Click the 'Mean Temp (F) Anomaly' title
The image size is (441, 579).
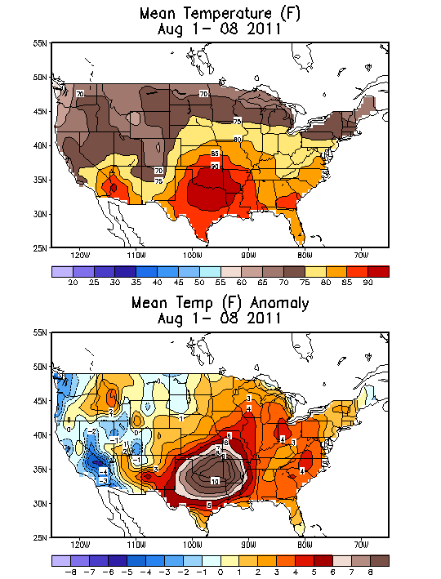(220, 304)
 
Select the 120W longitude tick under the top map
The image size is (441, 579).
(80, 255)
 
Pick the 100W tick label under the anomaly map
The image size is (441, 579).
(193, 545)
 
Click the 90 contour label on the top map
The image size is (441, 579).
(215, 167)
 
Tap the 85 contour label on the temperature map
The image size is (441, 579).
(215, 154)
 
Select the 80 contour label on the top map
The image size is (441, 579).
(238, 140)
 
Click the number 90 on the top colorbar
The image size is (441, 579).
(367, 282)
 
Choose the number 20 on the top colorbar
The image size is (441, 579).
(73, 282)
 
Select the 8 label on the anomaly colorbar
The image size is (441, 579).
(367, 572)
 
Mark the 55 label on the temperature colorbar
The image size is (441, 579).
(220, 282)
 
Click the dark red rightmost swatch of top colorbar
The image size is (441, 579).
(378, 270)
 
